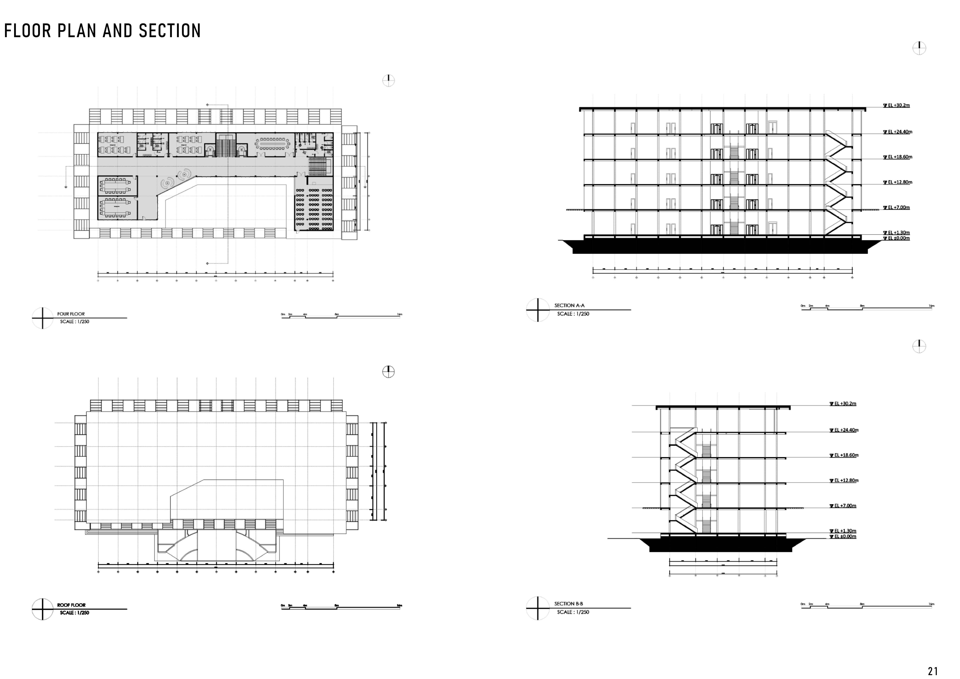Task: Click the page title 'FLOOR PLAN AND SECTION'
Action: click(x=102, y=31)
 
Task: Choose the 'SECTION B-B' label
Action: click(x=569, y=604)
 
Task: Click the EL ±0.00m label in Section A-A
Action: click(x=898, y=238)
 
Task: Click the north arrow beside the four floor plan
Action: click(x=388, y=80)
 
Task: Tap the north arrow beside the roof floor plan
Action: click(x=388, y=372)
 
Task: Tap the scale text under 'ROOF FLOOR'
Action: click(x=75, y=613)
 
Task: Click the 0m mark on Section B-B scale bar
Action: click(x=803, y=604)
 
